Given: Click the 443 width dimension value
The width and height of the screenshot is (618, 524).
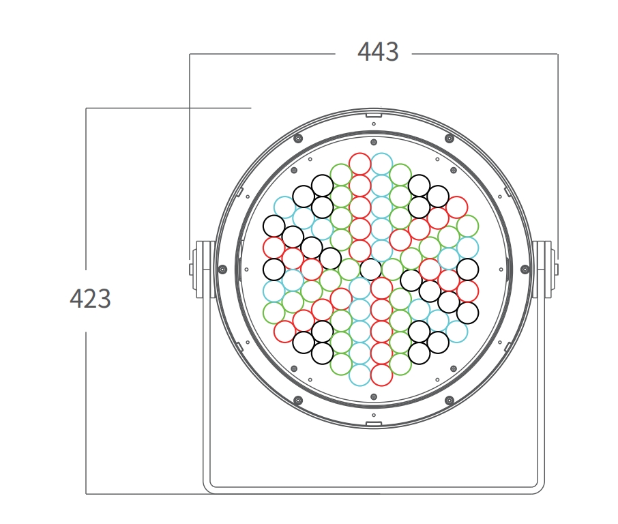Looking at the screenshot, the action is (378, 52).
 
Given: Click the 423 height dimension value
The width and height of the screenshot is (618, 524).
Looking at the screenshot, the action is (90, 298).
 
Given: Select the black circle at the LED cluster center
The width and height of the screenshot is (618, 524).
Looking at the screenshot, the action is (370, 270).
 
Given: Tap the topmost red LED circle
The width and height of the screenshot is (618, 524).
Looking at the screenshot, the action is (360, 164).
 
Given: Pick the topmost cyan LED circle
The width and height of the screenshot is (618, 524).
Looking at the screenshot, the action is (381, 164).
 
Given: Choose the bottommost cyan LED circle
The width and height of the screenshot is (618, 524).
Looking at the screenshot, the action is (360, 375).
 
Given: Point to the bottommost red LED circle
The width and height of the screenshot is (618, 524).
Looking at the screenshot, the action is (381, 375).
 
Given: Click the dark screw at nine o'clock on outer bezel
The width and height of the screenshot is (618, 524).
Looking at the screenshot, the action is (222, 270).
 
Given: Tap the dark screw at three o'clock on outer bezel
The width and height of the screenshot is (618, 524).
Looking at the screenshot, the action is (525, 270).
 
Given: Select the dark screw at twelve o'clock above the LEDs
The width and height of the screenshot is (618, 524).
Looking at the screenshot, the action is (374, 142).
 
